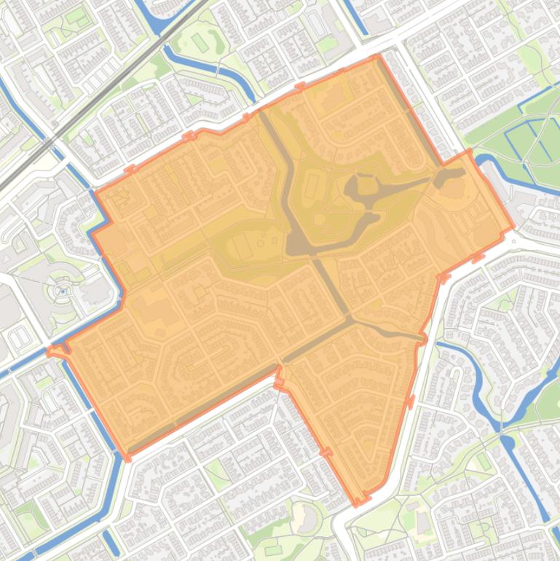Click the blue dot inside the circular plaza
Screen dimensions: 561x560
63,291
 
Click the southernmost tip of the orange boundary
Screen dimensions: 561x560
358,503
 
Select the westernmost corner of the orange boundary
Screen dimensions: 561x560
50,351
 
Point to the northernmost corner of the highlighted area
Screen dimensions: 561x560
376,56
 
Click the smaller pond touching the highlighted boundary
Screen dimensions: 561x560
451,174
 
